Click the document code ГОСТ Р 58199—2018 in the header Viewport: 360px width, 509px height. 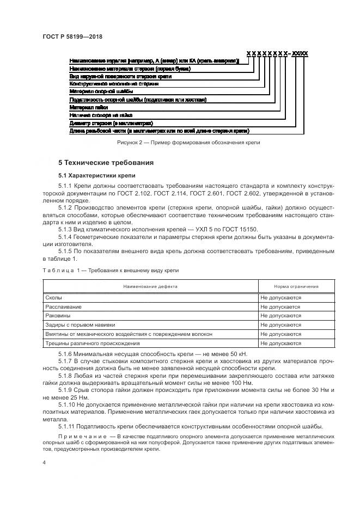tap(72, 37)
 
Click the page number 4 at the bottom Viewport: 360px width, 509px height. tap(44, 462)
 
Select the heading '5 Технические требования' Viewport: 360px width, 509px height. tap(106, 162)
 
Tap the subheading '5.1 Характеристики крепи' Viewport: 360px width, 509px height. tap(93, 175)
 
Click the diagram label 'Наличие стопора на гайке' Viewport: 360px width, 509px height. tap(101, 115)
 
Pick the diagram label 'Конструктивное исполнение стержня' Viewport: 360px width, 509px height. tap(114, 84)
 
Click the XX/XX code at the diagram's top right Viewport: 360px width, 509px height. tap(300, 53)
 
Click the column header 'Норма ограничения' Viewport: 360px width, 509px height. tap(296, 286)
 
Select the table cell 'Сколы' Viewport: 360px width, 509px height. tap(53, 298)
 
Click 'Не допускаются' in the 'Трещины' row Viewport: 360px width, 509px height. tap(280, 344)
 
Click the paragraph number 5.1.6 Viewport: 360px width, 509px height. tap(65, 353)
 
